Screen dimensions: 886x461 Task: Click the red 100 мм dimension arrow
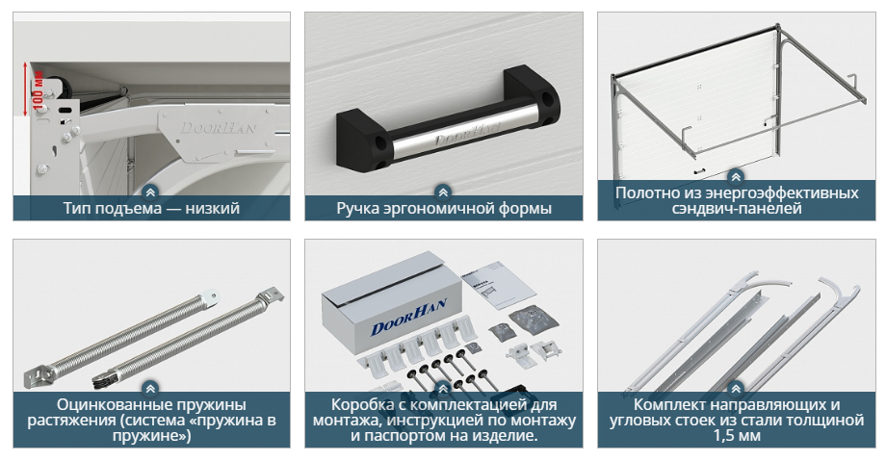tap(25, 90)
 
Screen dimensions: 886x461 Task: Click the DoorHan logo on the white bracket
tap(218, 128)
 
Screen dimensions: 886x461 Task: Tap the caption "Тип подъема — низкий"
tap(151, 209)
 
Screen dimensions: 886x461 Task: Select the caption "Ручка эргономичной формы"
tap(444, 209)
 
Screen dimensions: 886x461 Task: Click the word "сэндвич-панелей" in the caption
tap(737, 208)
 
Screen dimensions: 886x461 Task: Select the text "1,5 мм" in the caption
tap(737, 436)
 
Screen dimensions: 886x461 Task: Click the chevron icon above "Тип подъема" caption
tap(150, 192)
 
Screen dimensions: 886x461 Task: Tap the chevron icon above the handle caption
tap(444, 192)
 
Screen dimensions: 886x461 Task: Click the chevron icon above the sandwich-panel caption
tap(736, 177)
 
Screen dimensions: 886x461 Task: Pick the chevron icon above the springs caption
tap(150, 389)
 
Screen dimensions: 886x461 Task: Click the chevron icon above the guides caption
tap(736, 389)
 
